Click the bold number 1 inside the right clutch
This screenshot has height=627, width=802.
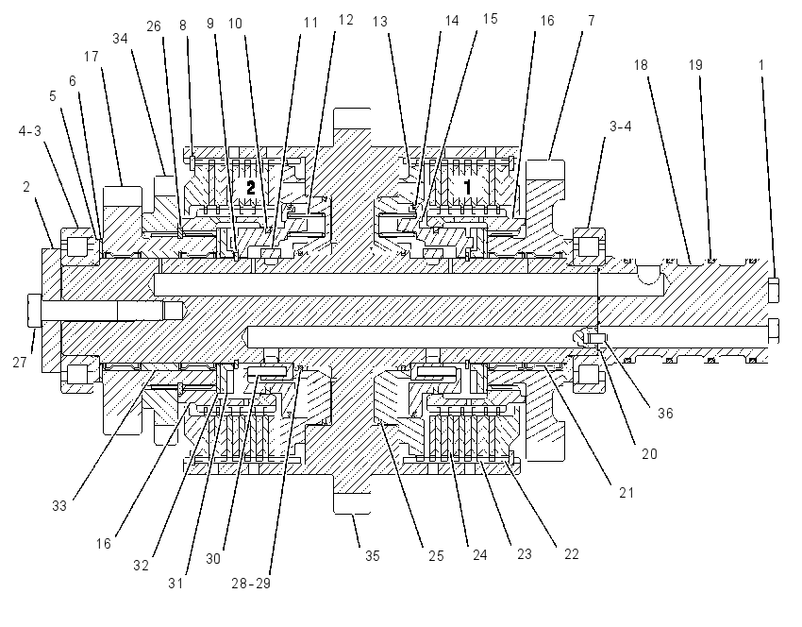[467, 188]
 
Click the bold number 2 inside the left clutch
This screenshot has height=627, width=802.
[250, 188]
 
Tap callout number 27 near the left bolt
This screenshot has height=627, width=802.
[20, 363]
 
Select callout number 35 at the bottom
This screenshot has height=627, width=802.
[373, 556]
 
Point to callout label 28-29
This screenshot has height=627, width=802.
[251, 583]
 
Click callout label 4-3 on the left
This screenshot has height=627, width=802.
[29, 131]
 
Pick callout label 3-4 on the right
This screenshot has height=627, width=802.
[621, 126]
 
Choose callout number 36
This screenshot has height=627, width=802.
[665, 413]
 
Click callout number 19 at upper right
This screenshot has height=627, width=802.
[695, 65]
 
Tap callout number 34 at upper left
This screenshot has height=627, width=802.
[120, 39]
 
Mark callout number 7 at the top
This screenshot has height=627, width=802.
[592, 21]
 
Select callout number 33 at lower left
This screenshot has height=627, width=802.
[59, 506]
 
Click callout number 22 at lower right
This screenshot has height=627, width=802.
[572, 554]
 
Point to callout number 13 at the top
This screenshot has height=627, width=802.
[380, 22]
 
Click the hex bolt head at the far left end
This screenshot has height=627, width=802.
[34, 310]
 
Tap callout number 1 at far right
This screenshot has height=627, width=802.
[761, 65]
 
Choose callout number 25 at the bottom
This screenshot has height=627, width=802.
[436, 556]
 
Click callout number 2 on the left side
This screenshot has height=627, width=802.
[26, 187]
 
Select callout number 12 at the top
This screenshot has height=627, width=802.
[345, 20]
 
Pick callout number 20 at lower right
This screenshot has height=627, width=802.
[649, 454]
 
